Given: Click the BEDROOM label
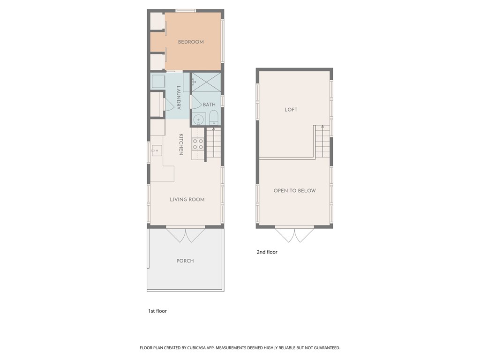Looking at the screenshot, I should [x=191, y=42].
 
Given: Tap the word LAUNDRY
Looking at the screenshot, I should [x=179, y=97].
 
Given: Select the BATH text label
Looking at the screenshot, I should [x=209, y=105].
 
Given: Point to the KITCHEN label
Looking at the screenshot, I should [x=181, y=144].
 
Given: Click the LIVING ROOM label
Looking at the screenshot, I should [x=187, y=200].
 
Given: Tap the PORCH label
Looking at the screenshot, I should [x=185, y=261].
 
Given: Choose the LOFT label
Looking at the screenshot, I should [x=291, y=110].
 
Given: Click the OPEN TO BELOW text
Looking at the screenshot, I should [x=294, y=191].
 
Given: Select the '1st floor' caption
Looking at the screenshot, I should [x=157, y=311].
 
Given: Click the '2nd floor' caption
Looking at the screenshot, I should [x=267, y=252].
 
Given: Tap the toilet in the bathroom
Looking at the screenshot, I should [x=213, y=118].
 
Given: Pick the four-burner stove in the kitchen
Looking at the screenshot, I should [x=198, y=144].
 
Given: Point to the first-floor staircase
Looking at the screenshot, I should [x=213, y=142].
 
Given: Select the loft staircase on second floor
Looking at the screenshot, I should [x=322, y=142].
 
